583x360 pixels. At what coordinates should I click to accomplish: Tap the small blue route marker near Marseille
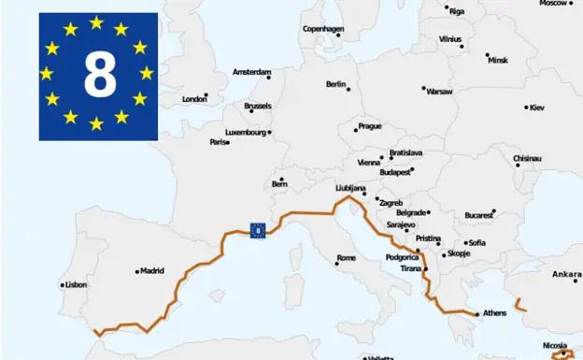[257, 229]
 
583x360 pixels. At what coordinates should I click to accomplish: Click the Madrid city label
[151, 271]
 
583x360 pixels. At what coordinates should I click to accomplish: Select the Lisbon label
[76, 284]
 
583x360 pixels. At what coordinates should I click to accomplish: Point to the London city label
[194, 98]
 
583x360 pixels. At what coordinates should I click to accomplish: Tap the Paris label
[220, 142]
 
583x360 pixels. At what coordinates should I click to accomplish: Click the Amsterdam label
[251, 72]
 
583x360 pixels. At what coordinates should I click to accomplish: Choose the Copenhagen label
[323, 29]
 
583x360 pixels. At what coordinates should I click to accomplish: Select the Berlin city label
[335, 84]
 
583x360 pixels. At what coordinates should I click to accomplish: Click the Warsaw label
[439, 92]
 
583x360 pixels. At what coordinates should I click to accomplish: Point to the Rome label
[347, 258]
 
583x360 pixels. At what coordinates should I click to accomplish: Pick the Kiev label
[536, 108]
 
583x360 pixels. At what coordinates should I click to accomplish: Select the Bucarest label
[478, 214]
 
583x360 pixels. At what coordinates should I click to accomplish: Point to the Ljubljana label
[350, 188]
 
